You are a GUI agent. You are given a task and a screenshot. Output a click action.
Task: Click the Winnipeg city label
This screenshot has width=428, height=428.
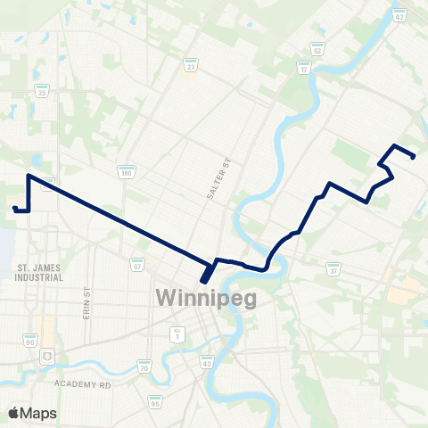coord(206,297)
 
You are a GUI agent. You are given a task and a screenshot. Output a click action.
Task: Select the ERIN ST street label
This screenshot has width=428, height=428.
coord(87,305)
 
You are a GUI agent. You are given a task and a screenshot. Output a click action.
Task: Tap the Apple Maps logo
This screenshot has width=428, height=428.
coord(31,413)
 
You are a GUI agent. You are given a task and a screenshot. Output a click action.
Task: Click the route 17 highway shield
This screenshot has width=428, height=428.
coord(304,69)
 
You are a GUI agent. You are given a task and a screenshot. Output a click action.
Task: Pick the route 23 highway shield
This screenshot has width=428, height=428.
coord(190,65)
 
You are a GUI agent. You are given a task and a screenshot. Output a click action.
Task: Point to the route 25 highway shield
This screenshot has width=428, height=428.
coord(41,92)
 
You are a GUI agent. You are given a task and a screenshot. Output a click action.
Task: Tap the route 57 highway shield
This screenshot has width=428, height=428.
coord(137,266)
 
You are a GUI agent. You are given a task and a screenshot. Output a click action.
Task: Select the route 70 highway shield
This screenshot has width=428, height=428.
coord(143,366)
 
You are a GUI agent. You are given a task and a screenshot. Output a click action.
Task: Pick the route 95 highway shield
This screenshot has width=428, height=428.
coord(156,403)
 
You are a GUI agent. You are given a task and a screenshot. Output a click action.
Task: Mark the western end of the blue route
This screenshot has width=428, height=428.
coord(14,209)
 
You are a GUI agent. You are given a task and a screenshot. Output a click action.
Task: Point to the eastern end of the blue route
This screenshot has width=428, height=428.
coord(415,157)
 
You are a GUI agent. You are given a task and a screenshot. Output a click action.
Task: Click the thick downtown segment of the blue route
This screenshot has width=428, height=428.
coord(208,273)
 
